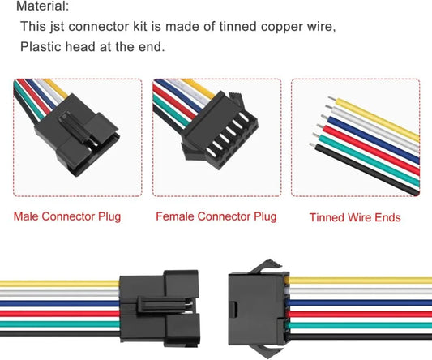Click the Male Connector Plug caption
[x=66, y=217]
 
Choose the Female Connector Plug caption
[x=216, y=217]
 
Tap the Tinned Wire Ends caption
[x=355, y=217]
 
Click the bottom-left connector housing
[x=159, y=308]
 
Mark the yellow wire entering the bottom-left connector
[x=57, y=283]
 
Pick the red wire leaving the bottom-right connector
[x=357, y=313]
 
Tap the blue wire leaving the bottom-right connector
[x=357, y=303]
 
